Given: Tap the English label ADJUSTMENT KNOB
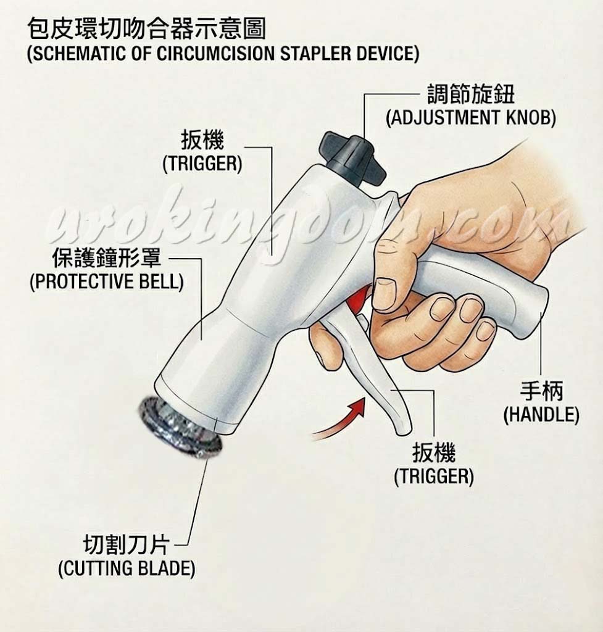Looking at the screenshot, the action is pyautogui.click(x=471, y=118).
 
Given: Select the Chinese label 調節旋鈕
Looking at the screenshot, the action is pyautogui.click(x=471, y=94).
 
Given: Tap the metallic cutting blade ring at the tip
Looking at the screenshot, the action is pyautogui.click(x=180, y=427).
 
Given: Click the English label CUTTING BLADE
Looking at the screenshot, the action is pyautogui.click(x=127, y=568).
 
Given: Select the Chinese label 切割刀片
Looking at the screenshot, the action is pyautogui.click(x=126, y=545).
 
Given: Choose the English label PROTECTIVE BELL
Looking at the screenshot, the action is pyautogui.click(x=107, y=281).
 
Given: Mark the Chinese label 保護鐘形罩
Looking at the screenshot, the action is pyautogui.click(x=107, y=258).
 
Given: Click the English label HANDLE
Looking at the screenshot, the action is pyautogui.click(x=541, y=414).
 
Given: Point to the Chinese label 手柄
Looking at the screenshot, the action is pyautogui.click(x=541, y=391).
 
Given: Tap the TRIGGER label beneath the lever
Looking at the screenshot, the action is pyautogui.click(x=434, y=476).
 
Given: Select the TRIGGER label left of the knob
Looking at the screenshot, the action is pyautogui.click(x=202, y=164).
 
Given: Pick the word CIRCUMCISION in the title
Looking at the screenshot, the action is pyautogui.click(x=216, y=53).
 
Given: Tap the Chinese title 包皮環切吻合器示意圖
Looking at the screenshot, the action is pyautogui.click(x=147, y=29).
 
